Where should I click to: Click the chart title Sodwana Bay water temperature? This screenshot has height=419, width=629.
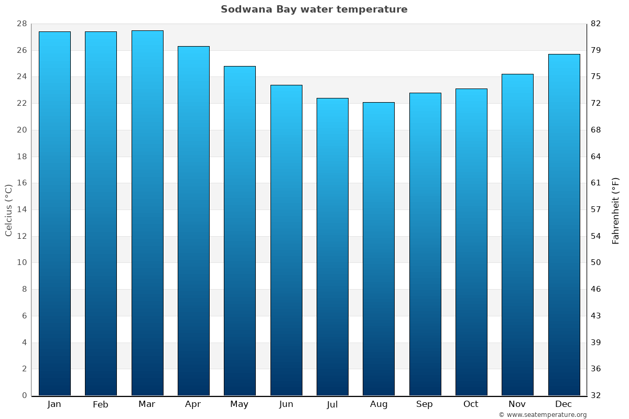(x=314, y=9)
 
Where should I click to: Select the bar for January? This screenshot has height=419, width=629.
(x=55, y=214)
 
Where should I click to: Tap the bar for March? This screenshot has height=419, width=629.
(x=147, y=213)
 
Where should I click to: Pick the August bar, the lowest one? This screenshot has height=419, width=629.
(x=378, y=249)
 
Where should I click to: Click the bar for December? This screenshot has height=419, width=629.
(x=564, y=225)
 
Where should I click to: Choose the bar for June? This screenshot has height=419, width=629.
(x=286, y=240)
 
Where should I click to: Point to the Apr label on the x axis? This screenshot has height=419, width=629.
(x=193, y=404)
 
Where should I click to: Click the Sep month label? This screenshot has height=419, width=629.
(x=425, y=404)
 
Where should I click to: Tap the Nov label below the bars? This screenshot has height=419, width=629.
(x=517, y=404)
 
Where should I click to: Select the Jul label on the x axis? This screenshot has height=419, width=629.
(x=332, y=404)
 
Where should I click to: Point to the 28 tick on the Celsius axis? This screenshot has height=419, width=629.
(x=21, y=24)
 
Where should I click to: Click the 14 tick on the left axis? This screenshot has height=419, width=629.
(x=21, y=210)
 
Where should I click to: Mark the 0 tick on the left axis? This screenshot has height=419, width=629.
(x=24, y=395)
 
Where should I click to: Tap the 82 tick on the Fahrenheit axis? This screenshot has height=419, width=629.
(x=596, y=24)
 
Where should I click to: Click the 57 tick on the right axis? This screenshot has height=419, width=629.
(x=596, y=210)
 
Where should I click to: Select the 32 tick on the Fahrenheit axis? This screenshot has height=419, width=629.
(x=596, y=395)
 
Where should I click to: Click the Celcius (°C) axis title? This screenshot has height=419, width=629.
(x=9, y=210)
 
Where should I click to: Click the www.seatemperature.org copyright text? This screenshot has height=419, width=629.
(x=543, y=415)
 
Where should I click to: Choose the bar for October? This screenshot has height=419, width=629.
(x=471, y=242)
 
